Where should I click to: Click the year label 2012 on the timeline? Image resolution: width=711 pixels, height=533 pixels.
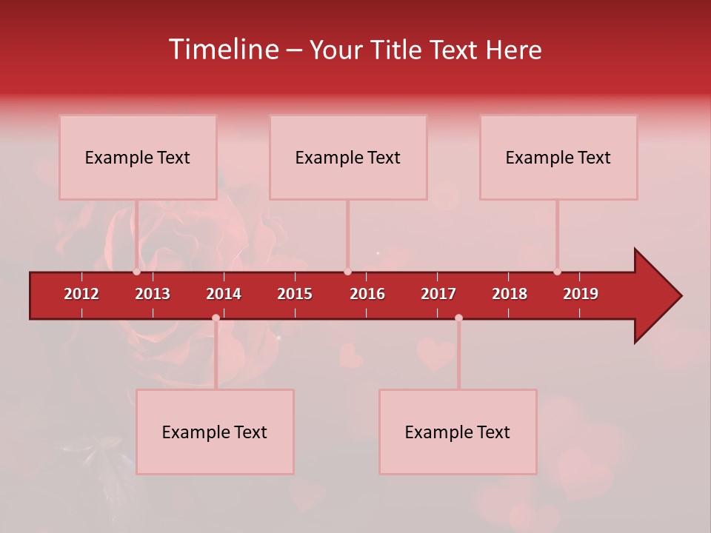click(x=81, y=294)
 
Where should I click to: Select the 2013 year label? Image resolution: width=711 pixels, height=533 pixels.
click(x=153, y=294)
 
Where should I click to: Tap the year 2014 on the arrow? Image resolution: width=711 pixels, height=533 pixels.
click(x=224, y=294)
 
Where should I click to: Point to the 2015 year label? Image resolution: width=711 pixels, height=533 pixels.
click(x=295, y=294)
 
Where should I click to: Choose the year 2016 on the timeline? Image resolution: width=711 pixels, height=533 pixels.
click(x=367, y=294)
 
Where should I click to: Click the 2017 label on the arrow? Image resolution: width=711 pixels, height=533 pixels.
click(x=438, y=294)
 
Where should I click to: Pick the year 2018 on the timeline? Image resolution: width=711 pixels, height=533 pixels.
click(x=510, y=294)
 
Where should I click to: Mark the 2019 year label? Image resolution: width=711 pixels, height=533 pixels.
click(x=581, y=294)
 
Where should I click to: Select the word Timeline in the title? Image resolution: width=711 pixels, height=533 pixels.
click(x=223, y=50)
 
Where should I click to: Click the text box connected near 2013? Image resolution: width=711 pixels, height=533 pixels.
click(x=138, y=157)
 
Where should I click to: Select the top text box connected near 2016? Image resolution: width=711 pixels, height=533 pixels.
click(x=348, y=157)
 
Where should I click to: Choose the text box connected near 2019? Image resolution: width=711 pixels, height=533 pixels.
click(x=558, y=157)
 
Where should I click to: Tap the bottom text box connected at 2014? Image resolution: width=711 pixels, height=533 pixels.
click(x=215, y=432)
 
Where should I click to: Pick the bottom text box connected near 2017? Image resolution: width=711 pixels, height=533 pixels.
click(x=458, y=432)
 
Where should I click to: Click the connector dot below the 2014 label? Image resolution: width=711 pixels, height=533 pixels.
click(x=216, y=318)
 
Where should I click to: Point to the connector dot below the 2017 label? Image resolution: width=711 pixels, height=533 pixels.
click(x=458, y=318)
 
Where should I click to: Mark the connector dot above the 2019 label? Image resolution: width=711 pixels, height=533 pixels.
click(x=557, y=272)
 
